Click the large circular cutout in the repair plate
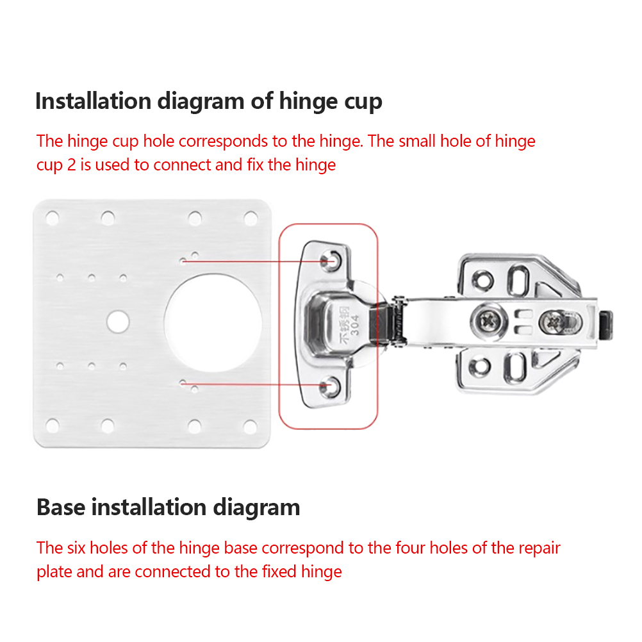tap(213, 323)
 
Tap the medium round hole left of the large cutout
tap(118, 322)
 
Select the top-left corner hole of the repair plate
tap(52, 218)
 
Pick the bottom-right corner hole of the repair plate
tap(250, 427)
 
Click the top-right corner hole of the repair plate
tap(251, 218)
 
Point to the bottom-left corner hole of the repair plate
tap(52, 426)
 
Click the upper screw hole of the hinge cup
tap(331, 260)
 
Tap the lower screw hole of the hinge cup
tap(330, 386)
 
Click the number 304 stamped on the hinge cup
tap(354, 325)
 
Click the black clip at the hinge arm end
tap(605, 325)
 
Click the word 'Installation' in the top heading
tap(94, 101)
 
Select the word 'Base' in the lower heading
tap(61, 507)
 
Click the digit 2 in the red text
tap(71, 165)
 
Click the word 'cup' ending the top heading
tap(363, 103)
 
